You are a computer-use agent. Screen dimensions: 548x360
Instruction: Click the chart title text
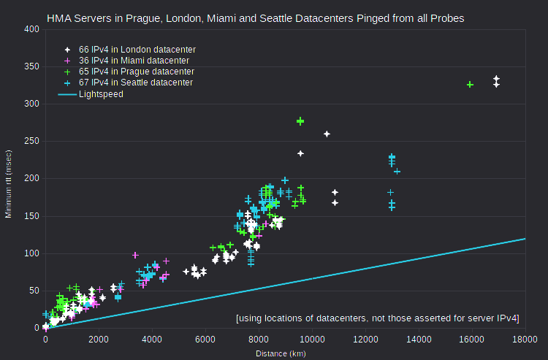tap(256, 18)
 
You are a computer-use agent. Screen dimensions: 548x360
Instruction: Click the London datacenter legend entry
tap(130, 50)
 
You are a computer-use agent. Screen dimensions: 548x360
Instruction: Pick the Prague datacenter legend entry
tap(129, 72)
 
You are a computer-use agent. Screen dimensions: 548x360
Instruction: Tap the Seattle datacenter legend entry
tap(129, 83)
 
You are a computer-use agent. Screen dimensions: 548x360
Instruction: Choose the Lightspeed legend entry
tap(91, 94)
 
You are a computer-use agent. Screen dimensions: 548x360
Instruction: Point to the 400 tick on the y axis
tap(31, 29)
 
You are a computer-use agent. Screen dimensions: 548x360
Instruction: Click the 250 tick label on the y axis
tap(31, 141)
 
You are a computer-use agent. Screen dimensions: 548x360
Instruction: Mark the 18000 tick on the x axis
tap(525, 340)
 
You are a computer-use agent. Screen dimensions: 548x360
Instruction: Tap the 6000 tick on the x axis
tap(205, 340)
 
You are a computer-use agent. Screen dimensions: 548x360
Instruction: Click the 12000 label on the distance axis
tap(365, 340)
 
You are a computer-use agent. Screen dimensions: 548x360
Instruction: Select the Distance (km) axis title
tap(281, 353)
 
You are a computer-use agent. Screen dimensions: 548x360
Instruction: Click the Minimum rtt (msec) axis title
tap(8, 184)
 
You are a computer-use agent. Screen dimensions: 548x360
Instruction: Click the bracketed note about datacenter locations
tap(378, 318)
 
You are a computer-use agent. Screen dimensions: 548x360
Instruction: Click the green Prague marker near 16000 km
tap(470, 85)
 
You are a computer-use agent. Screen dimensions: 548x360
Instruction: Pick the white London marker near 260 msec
tap(327, 134)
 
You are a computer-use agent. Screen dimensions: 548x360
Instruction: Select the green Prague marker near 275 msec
tap(300, 121)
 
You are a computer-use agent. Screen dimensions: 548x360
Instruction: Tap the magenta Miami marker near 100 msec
tap(135, 256)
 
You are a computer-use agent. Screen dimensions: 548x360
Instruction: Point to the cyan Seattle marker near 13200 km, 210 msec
tap(397, 172)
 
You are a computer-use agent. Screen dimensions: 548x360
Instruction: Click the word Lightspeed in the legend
tap(101, 94)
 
